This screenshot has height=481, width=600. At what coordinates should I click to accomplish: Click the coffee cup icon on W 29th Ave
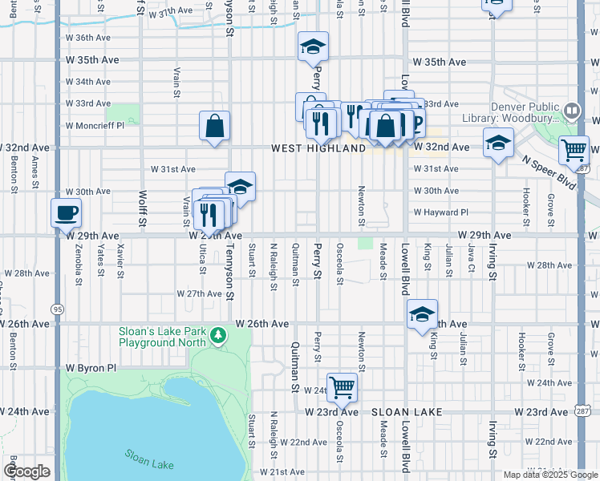(x=66, y=213)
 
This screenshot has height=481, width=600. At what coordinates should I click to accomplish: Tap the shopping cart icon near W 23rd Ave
(x=342, y=387)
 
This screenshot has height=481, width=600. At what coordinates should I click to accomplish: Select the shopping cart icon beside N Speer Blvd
(x=574, y=149)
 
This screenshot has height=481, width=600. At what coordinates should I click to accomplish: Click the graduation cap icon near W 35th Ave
(x=313, y=47)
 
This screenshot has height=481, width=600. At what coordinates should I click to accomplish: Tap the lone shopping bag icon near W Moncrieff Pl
(x=215, y=126)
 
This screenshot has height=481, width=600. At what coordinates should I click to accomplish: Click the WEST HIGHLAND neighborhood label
(x=312, y=148)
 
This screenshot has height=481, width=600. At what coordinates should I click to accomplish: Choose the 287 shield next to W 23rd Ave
(x=582, y=411)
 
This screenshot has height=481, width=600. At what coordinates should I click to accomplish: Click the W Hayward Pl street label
(x=440, y=212)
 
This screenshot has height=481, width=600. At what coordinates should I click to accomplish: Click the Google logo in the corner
(x=26, y=471)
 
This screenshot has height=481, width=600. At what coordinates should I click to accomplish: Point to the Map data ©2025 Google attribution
(x=549, y=475)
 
